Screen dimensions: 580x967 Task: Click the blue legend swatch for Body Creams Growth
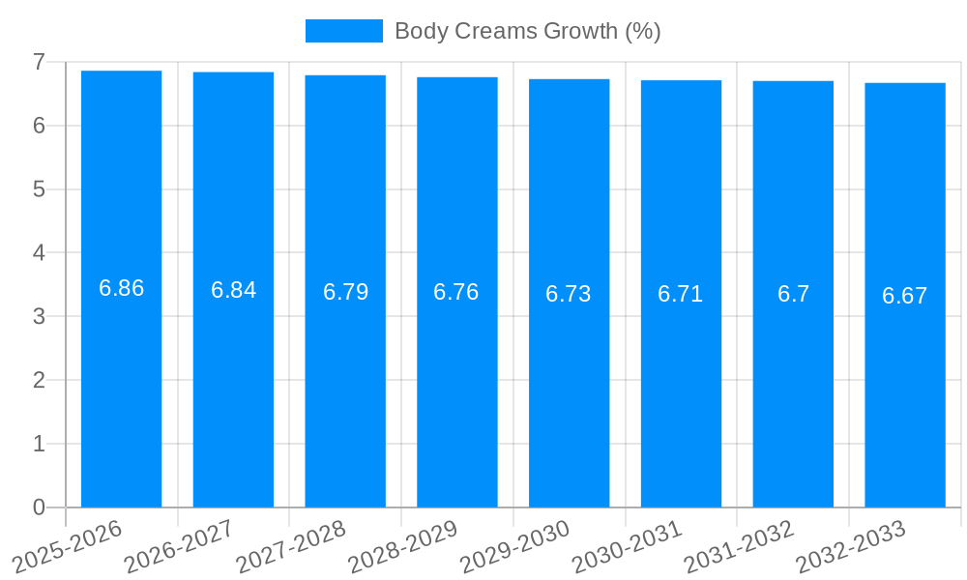coord(343,31)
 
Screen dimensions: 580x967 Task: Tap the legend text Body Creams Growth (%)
coord(527,31)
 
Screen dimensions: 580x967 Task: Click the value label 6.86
coord(121,288)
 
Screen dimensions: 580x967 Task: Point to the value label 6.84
coord(233,290)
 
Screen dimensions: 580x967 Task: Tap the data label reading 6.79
coord(345,292)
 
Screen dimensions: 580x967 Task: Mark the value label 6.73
coord(569,294)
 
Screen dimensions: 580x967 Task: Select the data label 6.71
coord(681,294)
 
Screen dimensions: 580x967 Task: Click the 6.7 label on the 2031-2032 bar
coord(793,294)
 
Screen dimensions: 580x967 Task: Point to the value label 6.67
coord(905,296)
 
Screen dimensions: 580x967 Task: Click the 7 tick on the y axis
coord(39,62)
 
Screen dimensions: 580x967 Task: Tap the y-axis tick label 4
coord(39,253)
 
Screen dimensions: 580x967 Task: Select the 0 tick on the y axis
coord(39,507)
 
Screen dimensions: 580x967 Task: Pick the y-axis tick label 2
coord(39,380)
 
